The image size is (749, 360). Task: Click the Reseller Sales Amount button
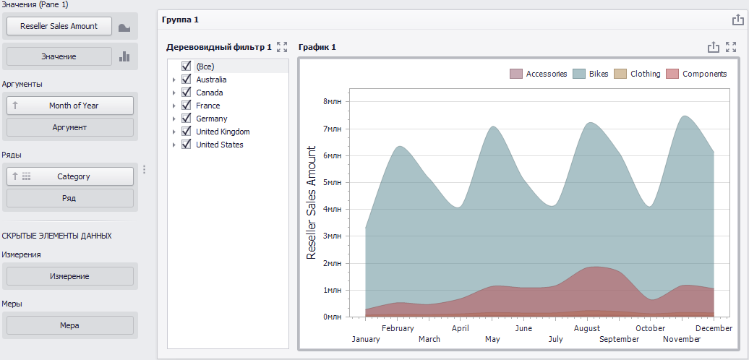click(x=59, y=26)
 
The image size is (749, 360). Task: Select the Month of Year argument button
click(x=69, y=106)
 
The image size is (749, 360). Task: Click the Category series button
click(x=69, y=176)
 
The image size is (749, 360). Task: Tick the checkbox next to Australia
click(x=187, y=80)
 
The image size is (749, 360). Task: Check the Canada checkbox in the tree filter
click(x=187, y=92)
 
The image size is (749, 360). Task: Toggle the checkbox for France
click(x=187, y=105)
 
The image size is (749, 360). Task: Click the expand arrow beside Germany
click(x=174, y=119)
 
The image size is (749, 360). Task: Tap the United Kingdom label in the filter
click(x=223, y=132)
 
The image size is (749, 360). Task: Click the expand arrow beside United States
click(x=174, y=145)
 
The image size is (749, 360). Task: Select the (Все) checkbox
click(x=187, y=66)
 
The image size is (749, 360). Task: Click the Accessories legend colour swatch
click(x=516, y=74)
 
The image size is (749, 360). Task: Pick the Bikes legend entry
click(x=591, y=74)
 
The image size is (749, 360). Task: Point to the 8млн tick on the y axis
click(x=333, y=102)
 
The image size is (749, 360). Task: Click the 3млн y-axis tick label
click(x=333, y=236)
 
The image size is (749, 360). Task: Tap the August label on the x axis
click(x=586, y=328)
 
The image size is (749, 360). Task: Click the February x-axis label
click(x=398, y=328)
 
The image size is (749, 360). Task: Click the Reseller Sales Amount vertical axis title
click(x=312, y=202)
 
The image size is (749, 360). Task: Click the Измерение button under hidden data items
click(x=69, y=276)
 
